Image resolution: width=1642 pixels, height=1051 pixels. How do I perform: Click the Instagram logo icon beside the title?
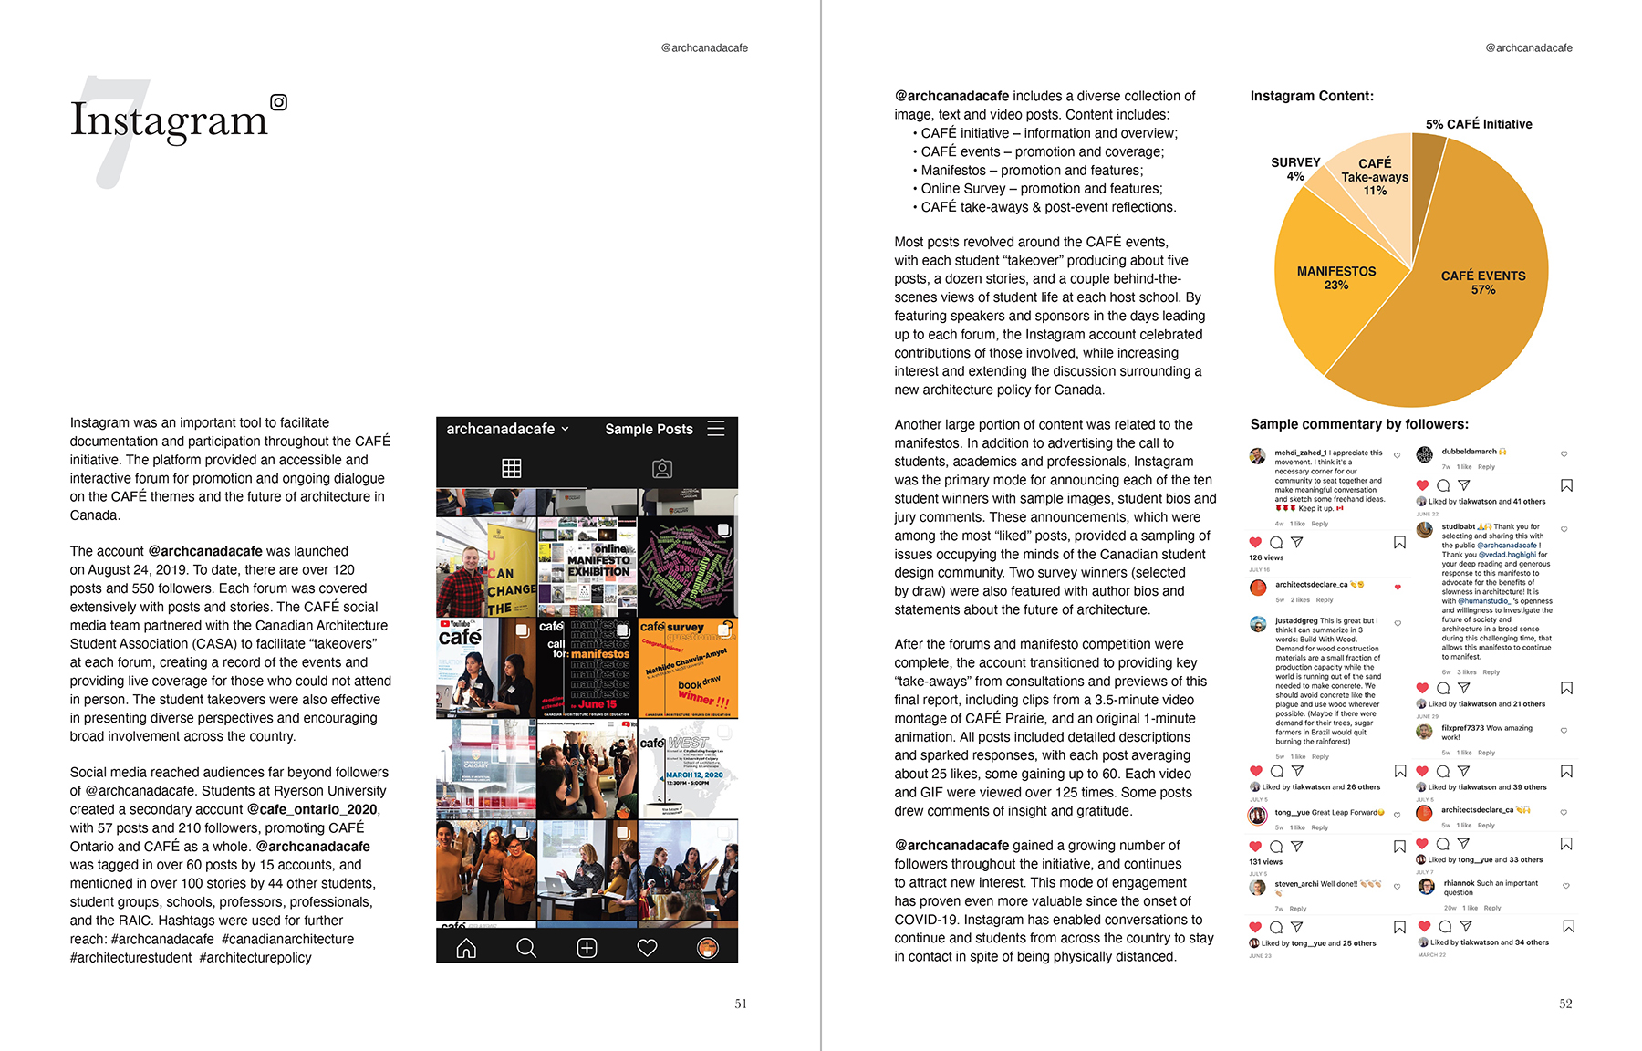tap(279, 102)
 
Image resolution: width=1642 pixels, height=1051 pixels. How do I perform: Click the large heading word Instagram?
tap(169, 120)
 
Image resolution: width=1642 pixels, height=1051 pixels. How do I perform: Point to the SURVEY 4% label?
tap(1295, 169)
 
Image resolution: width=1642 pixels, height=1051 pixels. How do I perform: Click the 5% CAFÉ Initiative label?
tap(1479, 124)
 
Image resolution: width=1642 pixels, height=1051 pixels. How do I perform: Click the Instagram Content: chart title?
tap(1312, 96)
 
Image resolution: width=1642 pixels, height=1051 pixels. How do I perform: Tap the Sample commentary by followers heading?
tap(1359, 424)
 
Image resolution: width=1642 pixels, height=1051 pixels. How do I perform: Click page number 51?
tap(741, 1004)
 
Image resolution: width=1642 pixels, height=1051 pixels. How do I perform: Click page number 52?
tap(1565, 1004)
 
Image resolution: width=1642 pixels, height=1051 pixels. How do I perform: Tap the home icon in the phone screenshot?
tap(466, 948)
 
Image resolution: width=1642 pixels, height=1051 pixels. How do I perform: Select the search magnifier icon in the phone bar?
tap(526, 948)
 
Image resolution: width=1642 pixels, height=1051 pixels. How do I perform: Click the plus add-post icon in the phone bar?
tap(587, 948)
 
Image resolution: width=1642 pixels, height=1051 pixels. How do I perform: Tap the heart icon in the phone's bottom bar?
tap(647, 948)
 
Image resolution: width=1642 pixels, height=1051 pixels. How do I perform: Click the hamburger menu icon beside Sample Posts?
tap(716, 429)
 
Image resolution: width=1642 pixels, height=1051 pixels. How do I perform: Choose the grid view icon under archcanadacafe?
tap(512, 468)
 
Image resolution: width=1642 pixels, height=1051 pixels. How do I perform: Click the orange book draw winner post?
tap(688, 668)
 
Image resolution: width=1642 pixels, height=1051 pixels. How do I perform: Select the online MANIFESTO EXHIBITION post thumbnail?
tap(587, 567)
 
